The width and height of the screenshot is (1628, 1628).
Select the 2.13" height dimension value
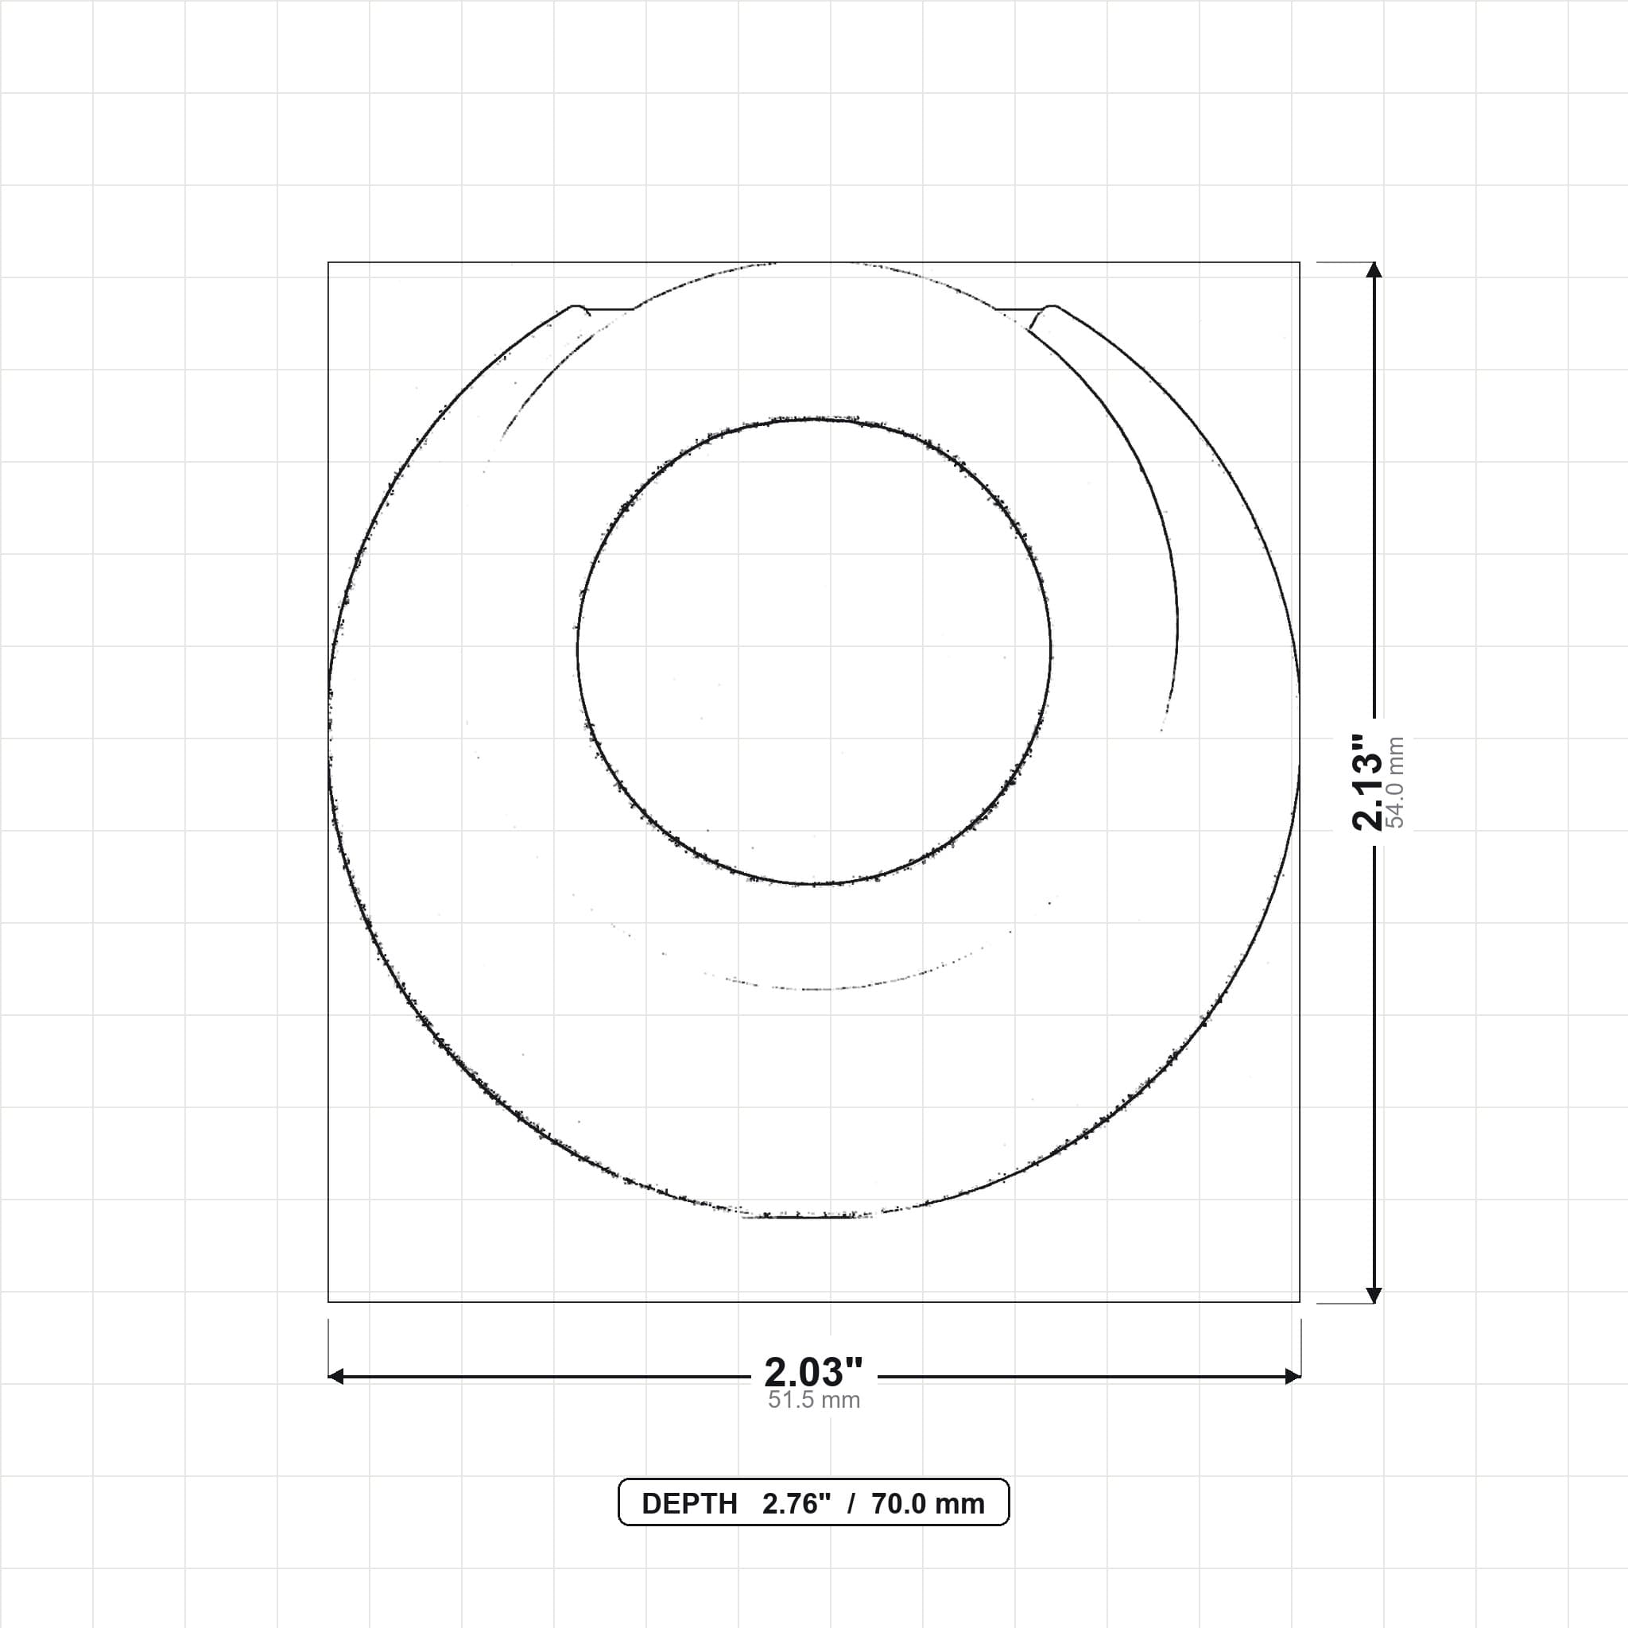(1367, 782)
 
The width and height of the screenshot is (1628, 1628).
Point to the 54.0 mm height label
(1395, 782)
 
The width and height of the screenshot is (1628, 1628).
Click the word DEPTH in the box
(689, 1504)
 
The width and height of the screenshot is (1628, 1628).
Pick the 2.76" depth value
(797, 1504)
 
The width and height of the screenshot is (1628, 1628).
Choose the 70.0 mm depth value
(928, 1504)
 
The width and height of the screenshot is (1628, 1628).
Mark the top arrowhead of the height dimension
(1374, 269)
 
